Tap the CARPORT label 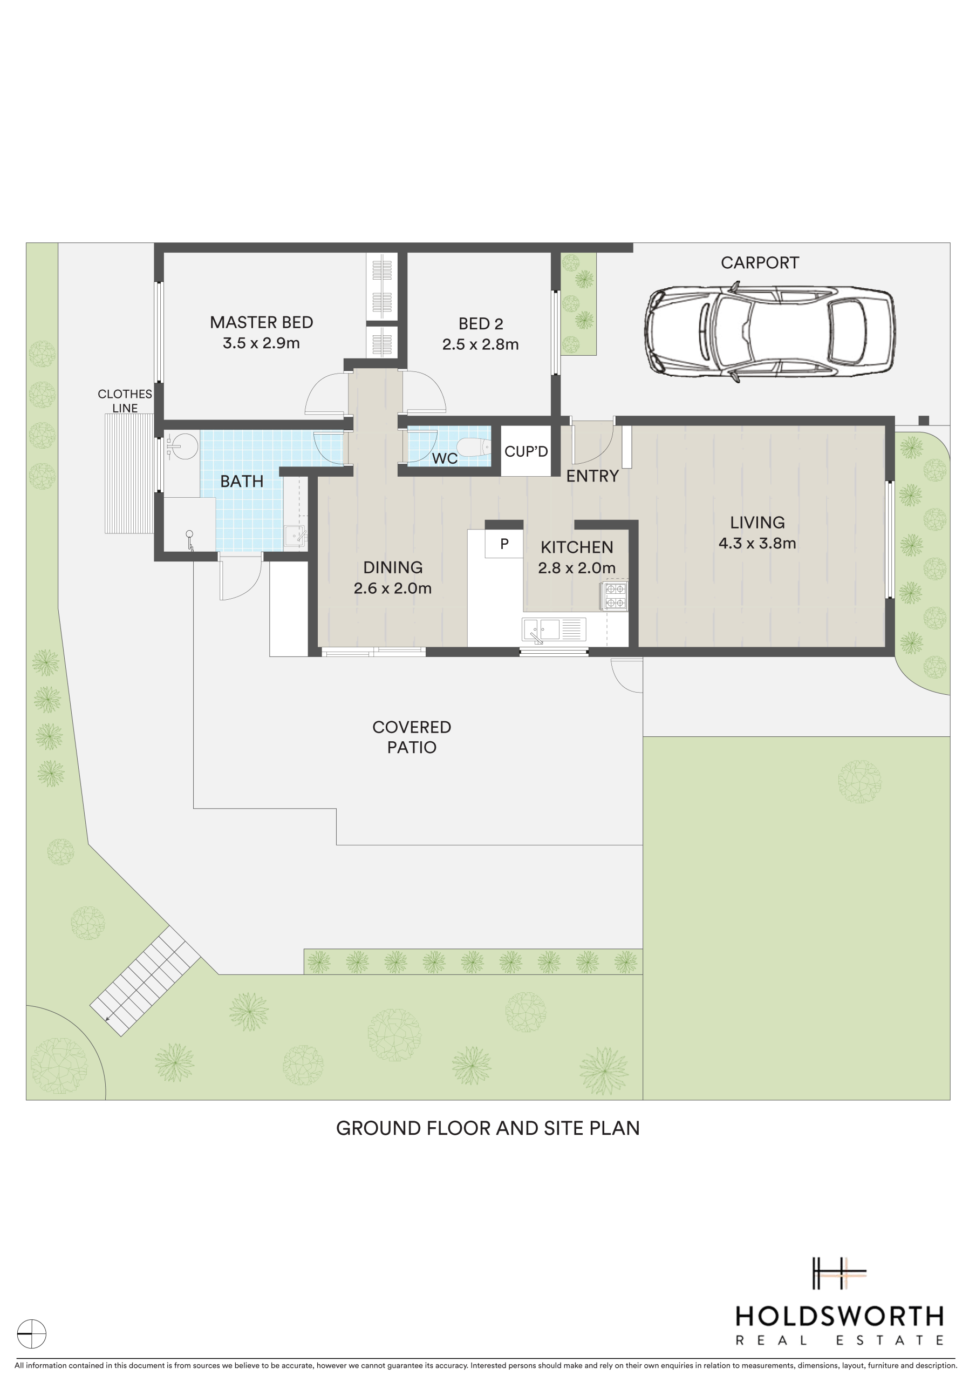coord(760,263)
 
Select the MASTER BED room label coord(261,323)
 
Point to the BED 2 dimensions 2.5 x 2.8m coord(480,344)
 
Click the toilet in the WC coord(475,447)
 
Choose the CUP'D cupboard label coord(526,451)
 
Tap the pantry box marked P coord(504,544)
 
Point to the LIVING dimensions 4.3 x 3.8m coord(757,544)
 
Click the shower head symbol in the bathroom coord(190,540)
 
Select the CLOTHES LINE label coord(125,401)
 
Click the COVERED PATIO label coord(412,737)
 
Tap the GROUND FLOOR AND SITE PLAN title coord(487,1128)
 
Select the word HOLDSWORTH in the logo coord(840,1317)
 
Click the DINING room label coord(392,567)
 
